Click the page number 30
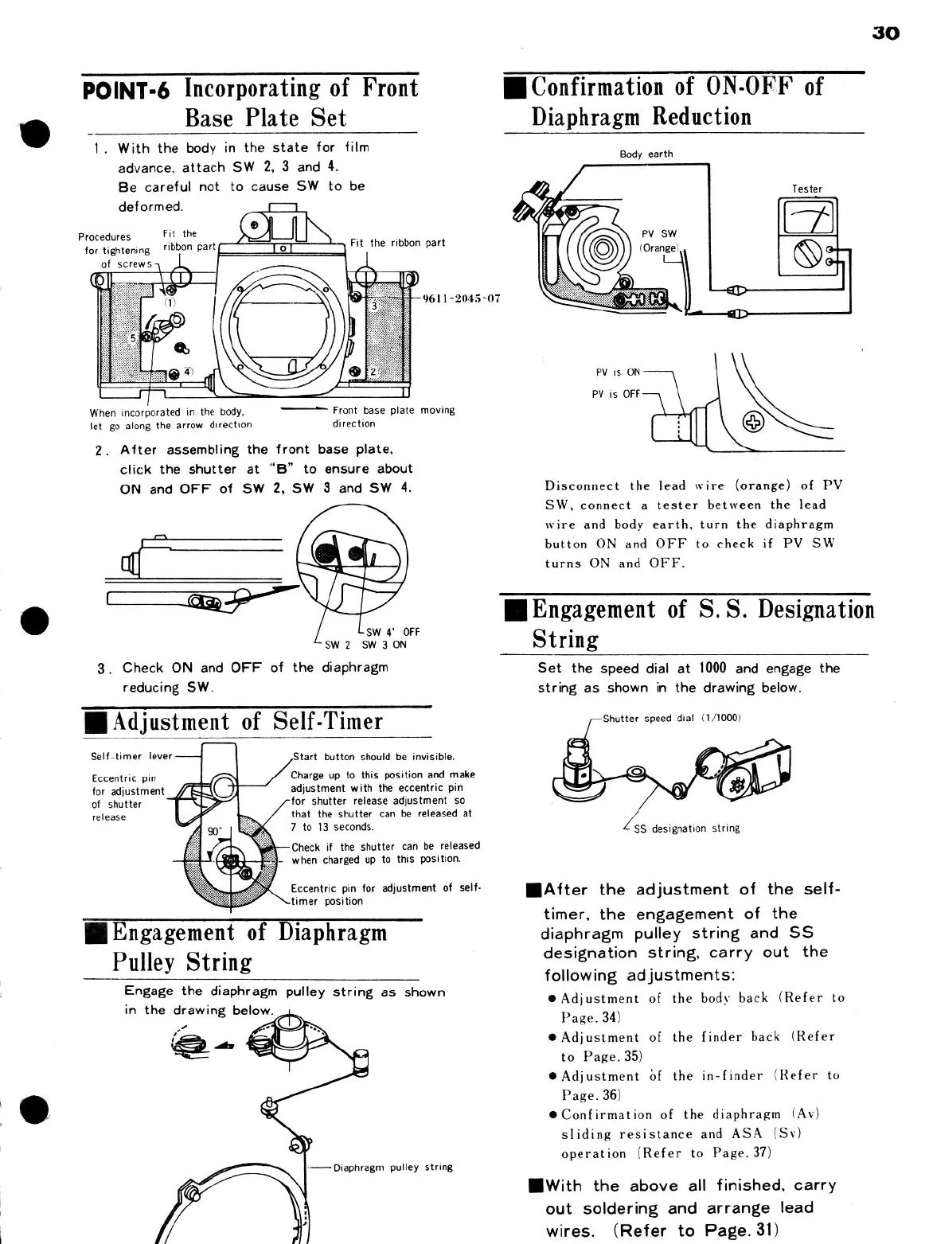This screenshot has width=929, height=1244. [x=885, y=33]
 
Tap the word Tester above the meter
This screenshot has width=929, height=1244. [x=806, y=189]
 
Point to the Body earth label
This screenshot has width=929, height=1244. [x=646, y=154]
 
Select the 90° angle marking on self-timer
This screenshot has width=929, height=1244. [x=214, y=832]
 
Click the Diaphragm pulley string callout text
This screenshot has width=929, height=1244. [x=392, y=1168]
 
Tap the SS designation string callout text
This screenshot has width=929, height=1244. [x=686, y=829]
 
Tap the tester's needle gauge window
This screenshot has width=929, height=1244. [x=806, y=214]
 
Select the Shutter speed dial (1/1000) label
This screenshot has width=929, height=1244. [x=672, y=718]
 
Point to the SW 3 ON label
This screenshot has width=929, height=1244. [x=384, y=645]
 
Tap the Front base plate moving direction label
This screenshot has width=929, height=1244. [x=393, y=417]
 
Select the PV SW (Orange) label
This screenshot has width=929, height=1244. [x=659, y=240]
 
